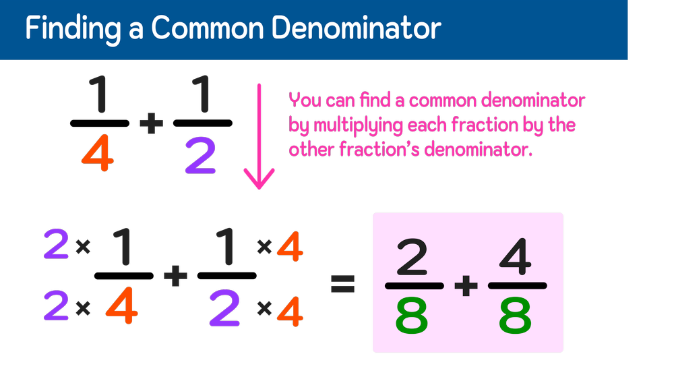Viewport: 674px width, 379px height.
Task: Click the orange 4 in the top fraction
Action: pos(98,154)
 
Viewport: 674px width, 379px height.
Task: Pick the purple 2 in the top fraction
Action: pos(200,156)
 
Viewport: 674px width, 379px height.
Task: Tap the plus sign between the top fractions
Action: pos(151,123)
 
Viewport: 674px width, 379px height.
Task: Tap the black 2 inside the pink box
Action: pos(412,258)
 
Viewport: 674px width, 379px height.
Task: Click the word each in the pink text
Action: pos(439,125)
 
